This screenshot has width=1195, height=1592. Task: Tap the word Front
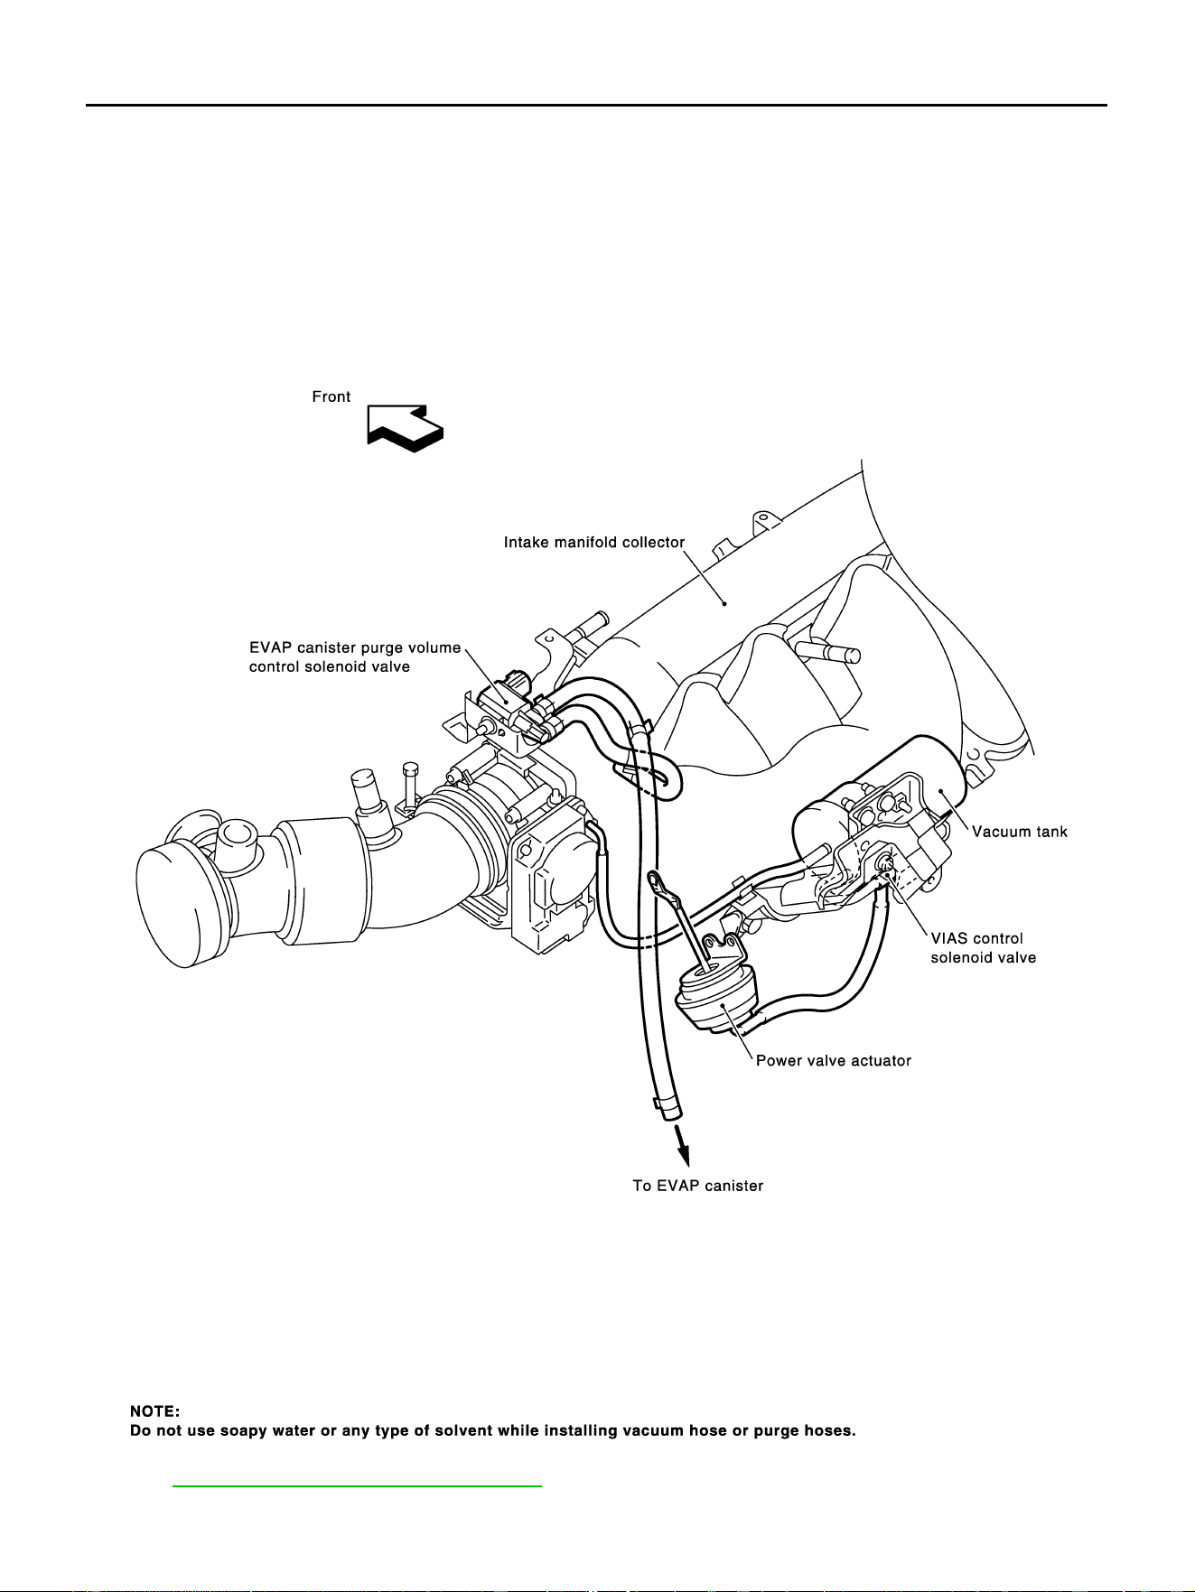tap(331, 396)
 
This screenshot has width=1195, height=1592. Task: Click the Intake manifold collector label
tap(594, 543)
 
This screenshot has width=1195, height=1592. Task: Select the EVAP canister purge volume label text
tap(355, 647)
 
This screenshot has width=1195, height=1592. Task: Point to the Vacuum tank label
tap(1020, 832)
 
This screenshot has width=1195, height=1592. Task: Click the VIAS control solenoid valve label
tap(984, 947)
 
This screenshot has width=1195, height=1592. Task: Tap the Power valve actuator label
tap(834, 1060)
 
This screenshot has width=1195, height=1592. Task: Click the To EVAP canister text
tap(698, 1186)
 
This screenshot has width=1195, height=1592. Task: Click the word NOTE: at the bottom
tap(155, 1410)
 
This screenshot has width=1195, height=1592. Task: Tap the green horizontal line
tap(357, 1485)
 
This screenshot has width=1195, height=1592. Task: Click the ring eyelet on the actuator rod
tap(657, 878)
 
